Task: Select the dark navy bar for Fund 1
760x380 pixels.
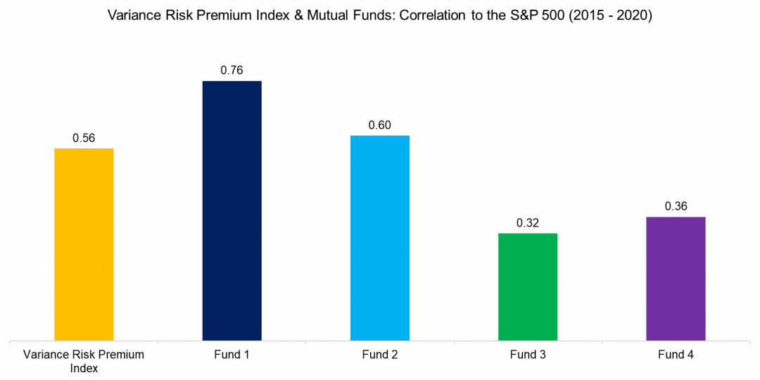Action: pyautogui.click(x=232, y=211)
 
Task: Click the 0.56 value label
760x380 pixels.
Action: pyautogui.click(x=84, y=138)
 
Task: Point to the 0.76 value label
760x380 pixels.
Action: pyautogui.click(x=232, y=70)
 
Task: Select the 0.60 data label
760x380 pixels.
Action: pyautogui.click(x=379, y=125)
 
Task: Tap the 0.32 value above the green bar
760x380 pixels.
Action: pyautogui.click(x=528, y=222)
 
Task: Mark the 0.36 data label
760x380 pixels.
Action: pyautogui.click(x=676, y=206)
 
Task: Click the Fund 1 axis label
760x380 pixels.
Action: pyautogui.click(x=232, y=355)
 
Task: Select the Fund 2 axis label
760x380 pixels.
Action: pyautogui.click(x=379, y=355)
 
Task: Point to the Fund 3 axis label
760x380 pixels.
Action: pyautogui.click(x=528, y=355)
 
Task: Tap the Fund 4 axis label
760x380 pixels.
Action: pyautogui.click(x=676, y=355)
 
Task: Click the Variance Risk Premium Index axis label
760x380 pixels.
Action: pyautogui.click(x=84, y=361)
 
